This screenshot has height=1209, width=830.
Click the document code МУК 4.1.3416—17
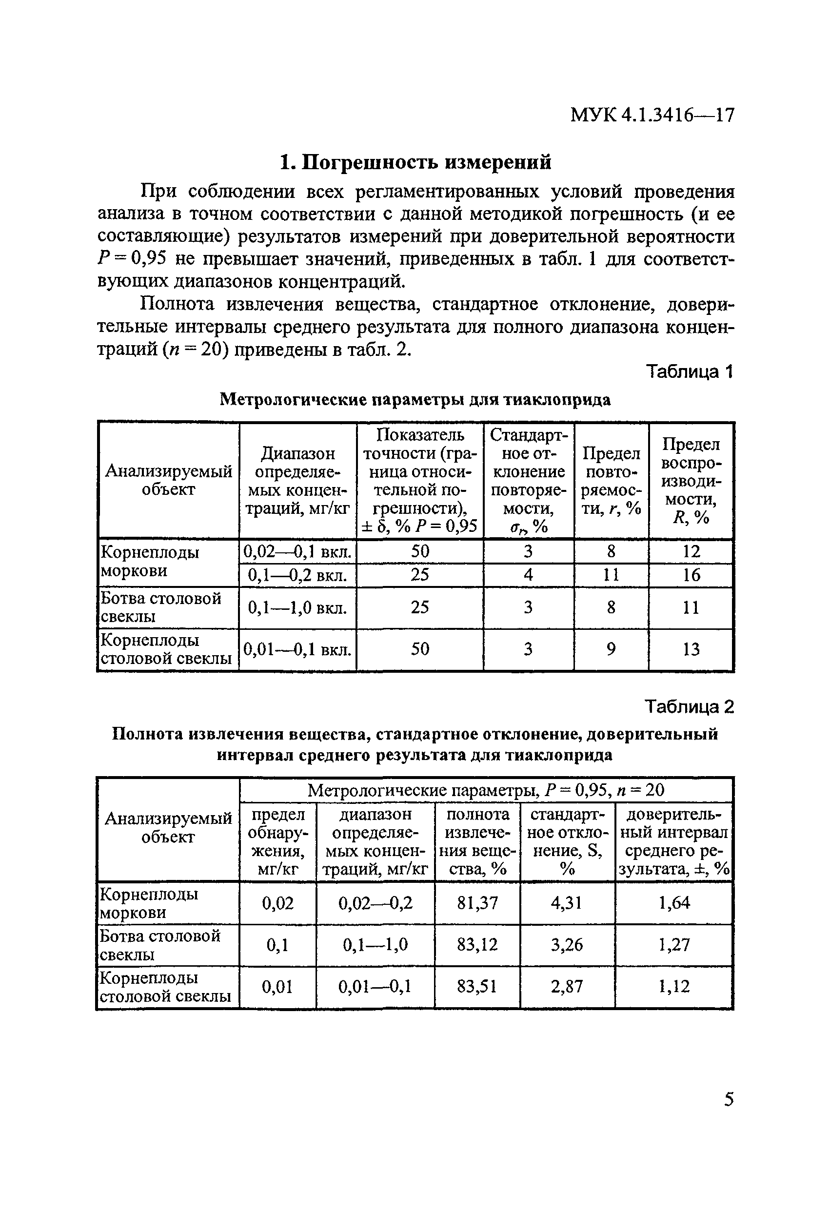point(652,115)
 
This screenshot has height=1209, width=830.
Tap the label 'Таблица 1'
point(689,371)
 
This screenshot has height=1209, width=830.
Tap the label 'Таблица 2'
point(689,706)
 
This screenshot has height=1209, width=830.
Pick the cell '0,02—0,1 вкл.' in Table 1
point(298,551)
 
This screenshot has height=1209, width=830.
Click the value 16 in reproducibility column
point(691,575)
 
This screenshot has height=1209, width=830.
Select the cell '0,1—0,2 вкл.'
point(297,575)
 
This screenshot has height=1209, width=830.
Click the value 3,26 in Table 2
point(567,944)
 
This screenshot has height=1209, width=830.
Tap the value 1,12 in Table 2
point(674,986)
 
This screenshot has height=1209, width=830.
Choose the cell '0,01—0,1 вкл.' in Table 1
point(297,649)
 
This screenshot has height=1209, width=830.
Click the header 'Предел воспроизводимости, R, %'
point(691,480)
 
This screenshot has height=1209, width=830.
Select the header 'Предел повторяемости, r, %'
point(611,480)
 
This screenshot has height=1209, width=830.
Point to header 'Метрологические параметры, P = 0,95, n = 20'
point(486,790)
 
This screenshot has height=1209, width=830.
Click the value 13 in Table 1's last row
point(691,649)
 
